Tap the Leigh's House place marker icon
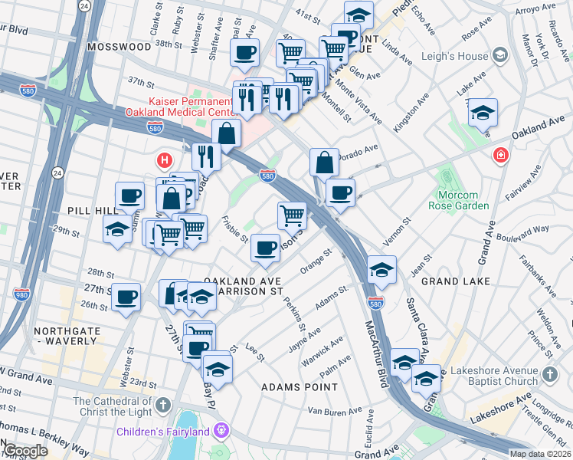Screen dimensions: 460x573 [x=500, y=55]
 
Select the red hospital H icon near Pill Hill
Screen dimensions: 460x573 [x=163, y=160]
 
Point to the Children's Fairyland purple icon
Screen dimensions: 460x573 [x=222, y=431]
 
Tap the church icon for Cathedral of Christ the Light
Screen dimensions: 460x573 [x=162, y=404]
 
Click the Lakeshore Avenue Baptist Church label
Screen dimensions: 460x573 [x=497, y=376]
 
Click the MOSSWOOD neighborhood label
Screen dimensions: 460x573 [x=120, y=46]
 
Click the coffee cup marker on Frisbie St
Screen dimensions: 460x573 [x=265, y=248]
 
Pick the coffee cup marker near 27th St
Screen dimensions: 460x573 [x=126, y=297]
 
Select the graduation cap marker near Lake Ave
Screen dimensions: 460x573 [x=483, y=113]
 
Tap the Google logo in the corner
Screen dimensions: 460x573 [x=25, y=451]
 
